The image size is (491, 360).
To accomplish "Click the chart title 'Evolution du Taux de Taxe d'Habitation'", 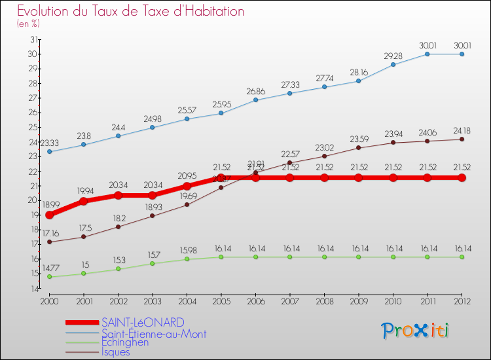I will click(x=131, y=11).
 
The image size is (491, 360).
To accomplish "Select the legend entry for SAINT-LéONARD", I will click(x=143, y=322).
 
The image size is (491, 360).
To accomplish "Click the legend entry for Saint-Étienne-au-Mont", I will click(x=154, y=333).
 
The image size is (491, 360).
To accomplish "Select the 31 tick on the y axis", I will click(x=33, y=40).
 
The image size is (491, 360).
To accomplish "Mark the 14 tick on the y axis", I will click(x=33, y=289).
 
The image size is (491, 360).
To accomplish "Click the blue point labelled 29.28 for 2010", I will click(x=393, y=64).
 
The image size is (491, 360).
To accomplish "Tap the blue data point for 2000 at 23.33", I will click(x=49, y=152).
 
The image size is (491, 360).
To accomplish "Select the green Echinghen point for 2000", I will click(x=49, y=277).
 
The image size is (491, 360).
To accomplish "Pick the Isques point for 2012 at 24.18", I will click(x=462, y=139).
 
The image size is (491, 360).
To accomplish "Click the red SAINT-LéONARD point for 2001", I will click(x=83, y=201).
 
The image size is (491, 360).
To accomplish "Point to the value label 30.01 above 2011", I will click(x=427, y=45).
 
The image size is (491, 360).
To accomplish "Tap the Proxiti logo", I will click(x=416, y=331).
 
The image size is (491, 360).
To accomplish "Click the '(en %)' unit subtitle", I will click(x=28, y=24).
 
